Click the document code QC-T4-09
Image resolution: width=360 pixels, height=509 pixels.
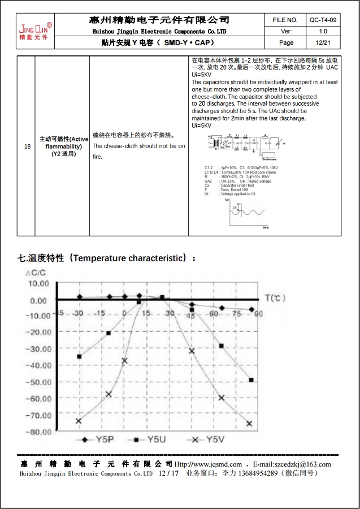point(323,20)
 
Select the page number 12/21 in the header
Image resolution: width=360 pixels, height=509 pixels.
point(323,42)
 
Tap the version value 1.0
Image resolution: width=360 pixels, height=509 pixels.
point(323,31)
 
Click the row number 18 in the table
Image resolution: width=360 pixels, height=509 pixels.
point(28,146)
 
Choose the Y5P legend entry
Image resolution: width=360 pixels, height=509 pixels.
point(98,439)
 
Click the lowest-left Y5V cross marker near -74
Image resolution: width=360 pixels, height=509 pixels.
point(79,421)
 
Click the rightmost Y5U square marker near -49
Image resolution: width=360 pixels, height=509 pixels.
point(251,380)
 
